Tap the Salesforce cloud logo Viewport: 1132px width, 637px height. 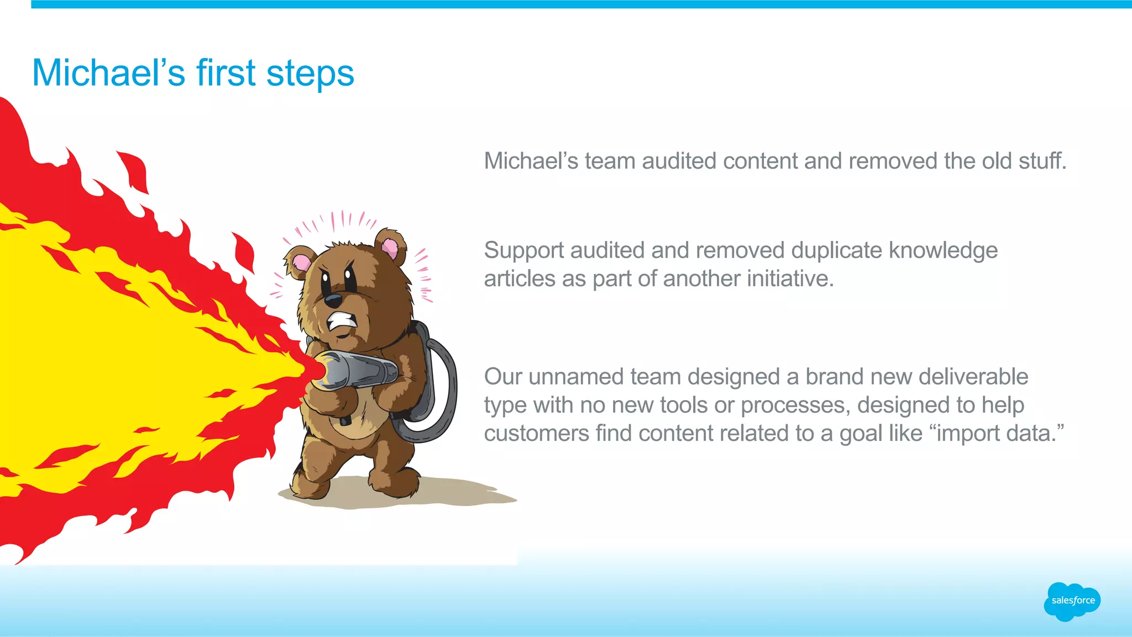[1072, 601]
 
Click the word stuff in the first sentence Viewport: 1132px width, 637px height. [1041, 161]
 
